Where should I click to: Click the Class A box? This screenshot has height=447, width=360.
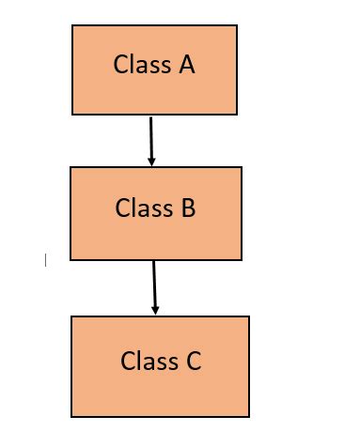click(154, 69)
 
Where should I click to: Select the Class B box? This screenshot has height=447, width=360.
click(155, 213)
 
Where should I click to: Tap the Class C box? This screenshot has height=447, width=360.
click(160, 366)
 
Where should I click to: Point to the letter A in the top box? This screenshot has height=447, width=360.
click(186, 65)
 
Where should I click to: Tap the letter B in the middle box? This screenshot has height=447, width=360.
click(188, 208)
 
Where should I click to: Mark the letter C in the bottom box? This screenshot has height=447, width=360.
click(193, 361)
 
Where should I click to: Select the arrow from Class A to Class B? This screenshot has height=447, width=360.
click(150, 140)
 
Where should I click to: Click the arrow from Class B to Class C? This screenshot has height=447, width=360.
click(154, 287)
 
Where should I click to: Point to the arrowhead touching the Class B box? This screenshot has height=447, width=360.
click(151, 162)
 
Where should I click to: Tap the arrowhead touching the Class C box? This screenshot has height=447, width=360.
click(155, 310)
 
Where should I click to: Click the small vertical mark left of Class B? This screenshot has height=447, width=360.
click(45, 260)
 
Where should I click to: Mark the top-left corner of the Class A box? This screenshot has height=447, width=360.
click(72, 25)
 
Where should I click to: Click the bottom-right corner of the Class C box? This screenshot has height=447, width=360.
click(249, 416)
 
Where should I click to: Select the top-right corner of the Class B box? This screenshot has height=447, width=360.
click(242, 168)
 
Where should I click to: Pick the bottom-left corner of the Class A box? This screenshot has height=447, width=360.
click(72, 115)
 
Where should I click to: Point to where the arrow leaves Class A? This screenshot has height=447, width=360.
click(150, 116)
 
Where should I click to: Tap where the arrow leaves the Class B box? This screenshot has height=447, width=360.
click(153, 261)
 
